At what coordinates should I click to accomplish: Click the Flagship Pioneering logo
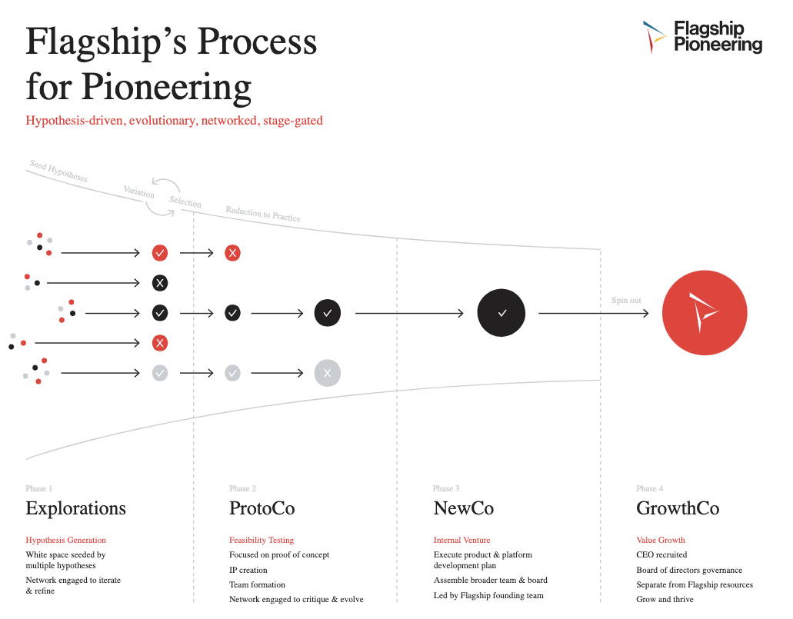coord(701,37)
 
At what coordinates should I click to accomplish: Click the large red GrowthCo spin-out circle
coord(705,313)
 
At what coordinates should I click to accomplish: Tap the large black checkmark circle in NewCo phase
coord(501,313)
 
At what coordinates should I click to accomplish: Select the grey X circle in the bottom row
coord(328,373)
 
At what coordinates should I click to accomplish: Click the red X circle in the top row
coord(232,252)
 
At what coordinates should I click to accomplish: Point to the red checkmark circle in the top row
coord(160,252)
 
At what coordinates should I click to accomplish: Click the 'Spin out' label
coord(626,300)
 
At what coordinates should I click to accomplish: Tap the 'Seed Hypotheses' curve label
coord(58,171)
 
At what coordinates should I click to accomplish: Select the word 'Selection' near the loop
coord(185,202)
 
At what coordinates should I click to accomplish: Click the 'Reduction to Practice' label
coord(263,214)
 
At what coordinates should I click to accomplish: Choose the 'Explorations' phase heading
coord(75,508)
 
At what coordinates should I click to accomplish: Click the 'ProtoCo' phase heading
coord(262,508)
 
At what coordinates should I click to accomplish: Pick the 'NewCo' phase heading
coord(464,508)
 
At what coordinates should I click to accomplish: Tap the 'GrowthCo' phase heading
coord(678,508)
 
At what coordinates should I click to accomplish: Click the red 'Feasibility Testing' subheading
coord(262,540)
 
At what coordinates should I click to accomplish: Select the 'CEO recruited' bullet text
coord(661,554)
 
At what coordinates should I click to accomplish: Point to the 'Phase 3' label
coord(446,488)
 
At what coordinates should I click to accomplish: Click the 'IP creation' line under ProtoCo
coord(248,570)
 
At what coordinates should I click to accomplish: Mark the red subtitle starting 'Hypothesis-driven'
coord(174,121)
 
